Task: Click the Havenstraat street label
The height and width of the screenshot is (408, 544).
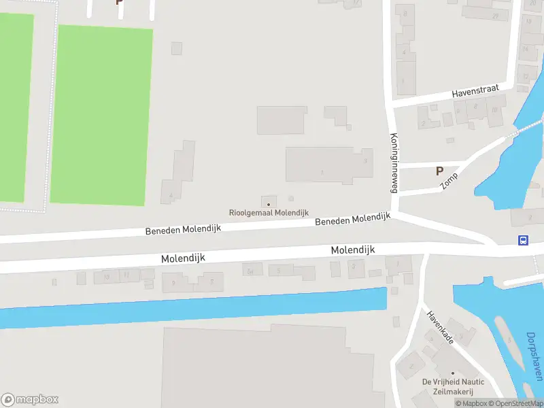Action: pyautogui.click(x=476, y=91)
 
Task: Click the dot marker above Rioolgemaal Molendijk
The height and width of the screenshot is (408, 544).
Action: pyautogui.click(x=268, y=203)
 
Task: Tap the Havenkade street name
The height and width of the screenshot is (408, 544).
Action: pyautogui.click(x=440, y=327)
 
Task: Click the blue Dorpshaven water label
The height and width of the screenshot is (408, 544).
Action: pyautogui.click(x=535, y=356)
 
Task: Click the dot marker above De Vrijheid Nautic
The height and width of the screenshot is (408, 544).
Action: pyautogui.click(x=452, y=373)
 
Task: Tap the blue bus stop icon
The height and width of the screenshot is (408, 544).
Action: pyautogui.click(x=523, y=240)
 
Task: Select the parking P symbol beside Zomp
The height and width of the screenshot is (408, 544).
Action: pyautogui.click(x=439, y=171)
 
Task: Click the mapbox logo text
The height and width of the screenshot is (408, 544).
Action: pyautogui.click(x=37, y=400)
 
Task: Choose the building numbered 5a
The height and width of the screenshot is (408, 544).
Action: pyautogui.click(x=251, y=271)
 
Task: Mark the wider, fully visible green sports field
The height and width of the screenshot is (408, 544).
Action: pyautogui.click(x=101, y=115)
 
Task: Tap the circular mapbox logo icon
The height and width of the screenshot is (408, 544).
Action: pyautogui.click(x=8, y=400)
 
